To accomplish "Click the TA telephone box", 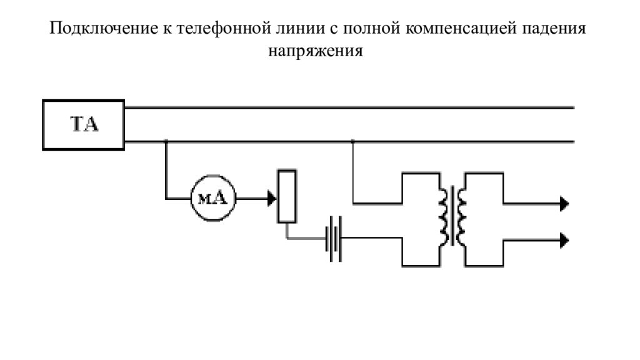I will (x=84, y=124).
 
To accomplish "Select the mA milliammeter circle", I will (x=210, y=199).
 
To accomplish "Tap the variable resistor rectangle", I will (x=287, y=196).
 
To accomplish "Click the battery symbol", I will (x=334, y=239).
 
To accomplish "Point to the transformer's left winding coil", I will (x=445, y=216).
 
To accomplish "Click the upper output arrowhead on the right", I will (x=564, y=203).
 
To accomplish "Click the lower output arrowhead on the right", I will (x=564, y=239).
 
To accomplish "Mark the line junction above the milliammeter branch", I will (x=166, y=142).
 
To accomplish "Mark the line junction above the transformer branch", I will (x=353, y=142).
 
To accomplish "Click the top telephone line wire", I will (x=350, y=107).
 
